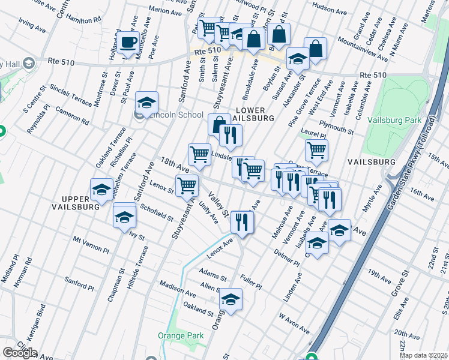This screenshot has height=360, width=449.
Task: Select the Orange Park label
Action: [x=181, y=335]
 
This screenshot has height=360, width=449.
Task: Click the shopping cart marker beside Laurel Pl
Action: [x=316, y=150]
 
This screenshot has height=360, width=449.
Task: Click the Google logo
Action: [x=19, y=352]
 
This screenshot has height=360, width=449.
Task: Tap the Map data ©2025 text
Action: [x=423, y=355]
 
